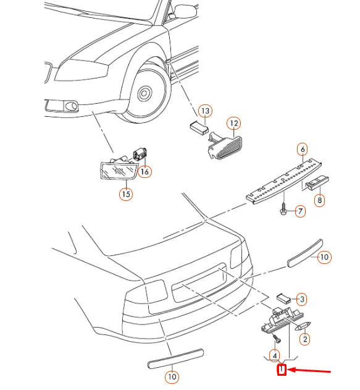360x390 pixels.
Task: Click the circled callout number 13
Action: pyautogui.click(x=205, y=111)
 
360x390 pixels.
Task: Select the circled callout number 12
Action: pyautogui.click(x=234, y=124)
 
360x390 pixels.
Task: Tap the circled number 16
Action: pyautogui.click(x=144, y=171)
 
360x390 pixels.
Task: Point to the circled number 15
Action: pyautogui.click(x=126, y=193)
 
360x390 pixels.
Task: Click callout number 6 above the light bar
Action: pyautogui.click(x=303, y=150)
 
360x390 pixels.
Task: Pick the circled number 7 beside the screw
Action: pyautogui.click(x=300, y=211)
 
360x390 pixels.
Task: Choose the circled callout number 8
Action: pyautogui.click(x=319, y=200)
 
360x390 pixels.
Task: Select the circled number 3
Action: pyautogui.click(x=302, y=299)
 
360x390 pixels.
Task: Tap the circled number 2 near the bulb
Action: pyautogui.click(x=305, y=339)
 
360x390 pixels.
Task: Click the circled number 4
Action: pyautogui.click(x=275, y=356)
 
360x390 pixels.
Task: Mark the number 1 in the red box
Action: pyautogui.click(x=282, y=370)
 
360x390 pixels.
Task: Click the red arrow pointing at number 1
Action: pyautogui.click(x=309, y=371)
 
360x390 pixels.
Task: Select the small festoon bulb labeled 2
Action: pyautogui.click(x=303, y=326)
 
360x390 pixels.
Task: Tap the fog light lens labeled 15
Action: pyautogui.click(x=119, y=170)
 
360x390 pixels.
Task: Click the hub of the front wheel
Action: pyautogui.click(x=144, y=93)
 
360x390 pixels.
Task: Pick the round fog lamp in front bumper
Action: pyautogui.click(x=71, y=106)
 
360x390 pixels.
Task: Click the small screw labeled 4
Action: pyautogui.click(x=276, y=338)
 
